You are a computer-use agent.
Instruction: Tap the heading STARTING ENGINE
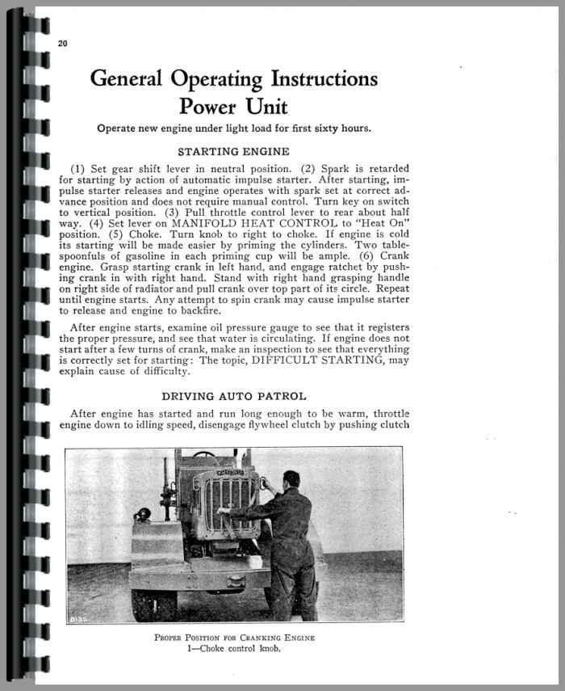[233, 151]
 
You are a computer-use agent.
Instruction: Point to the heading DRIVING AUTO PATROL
[233, 396]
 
